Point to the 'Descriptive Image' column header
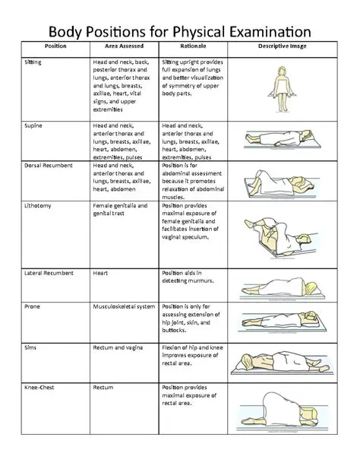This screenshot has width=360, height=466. [x=282, y=48]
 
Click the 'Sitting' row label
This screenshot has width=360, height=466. [x=33, y=61]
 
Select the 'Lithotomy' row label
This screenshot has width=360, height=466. [x=39, y=205]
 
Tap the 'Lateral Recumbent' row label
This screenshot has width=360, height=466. [x=50, y=271]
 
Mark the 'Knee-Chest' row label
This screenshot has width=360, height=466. [x=40, y=387]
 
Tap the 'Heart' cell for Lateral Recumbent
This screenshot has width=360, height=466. [x=100, y=271]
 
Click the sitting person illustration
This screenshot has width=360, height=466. [x=282, y=85]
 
